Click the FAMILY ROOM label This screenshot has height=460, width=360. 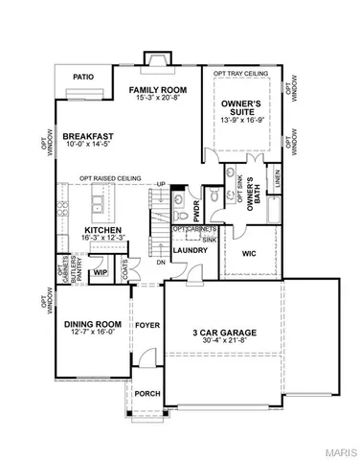point(158,89)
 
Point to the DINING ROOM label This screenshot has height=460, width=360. point(88,325)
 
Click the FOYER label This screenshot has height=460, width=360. point(146,325)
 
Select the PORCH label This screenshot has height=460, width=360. point(146,393)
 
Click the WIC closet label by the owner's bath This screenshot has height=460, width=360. point(248,254)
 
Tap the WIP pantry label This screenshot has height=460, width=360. point(99,273)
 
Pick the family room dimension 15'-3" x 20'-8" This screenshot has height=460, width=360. point(158,100)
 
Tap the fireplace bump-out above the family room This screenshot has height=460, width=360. point(152,59)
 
